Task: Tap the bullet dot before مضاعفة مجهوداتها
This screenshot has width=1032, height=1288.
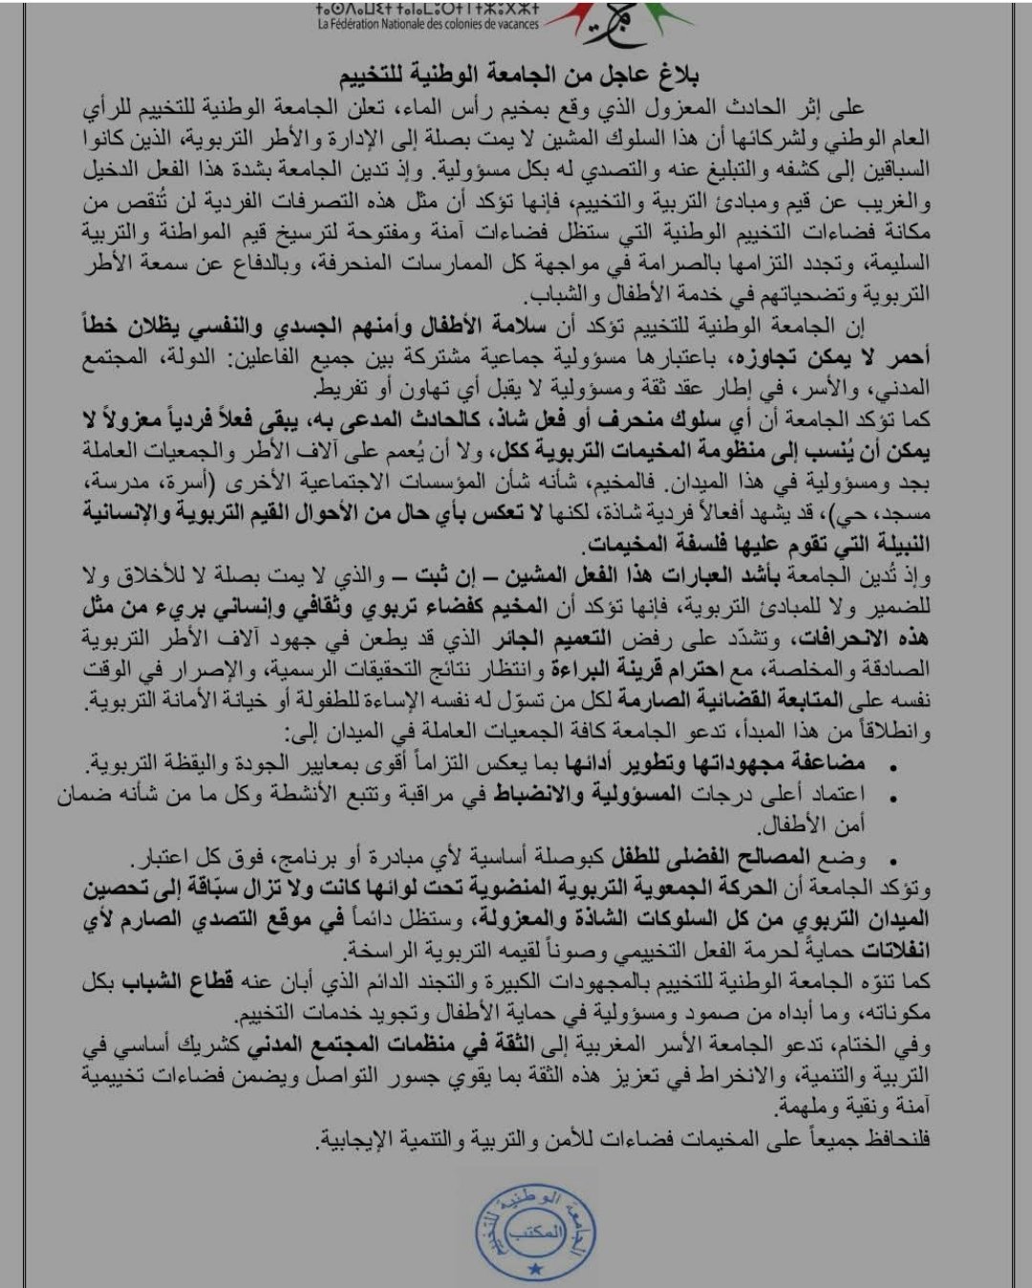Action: tap(892, 765)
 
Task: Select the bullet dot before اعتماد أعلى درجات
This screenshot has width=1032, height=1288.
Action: tap(892, 796)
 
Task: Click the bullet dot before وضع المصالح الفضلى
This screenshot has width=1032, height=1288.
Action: tap(892, 857)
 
